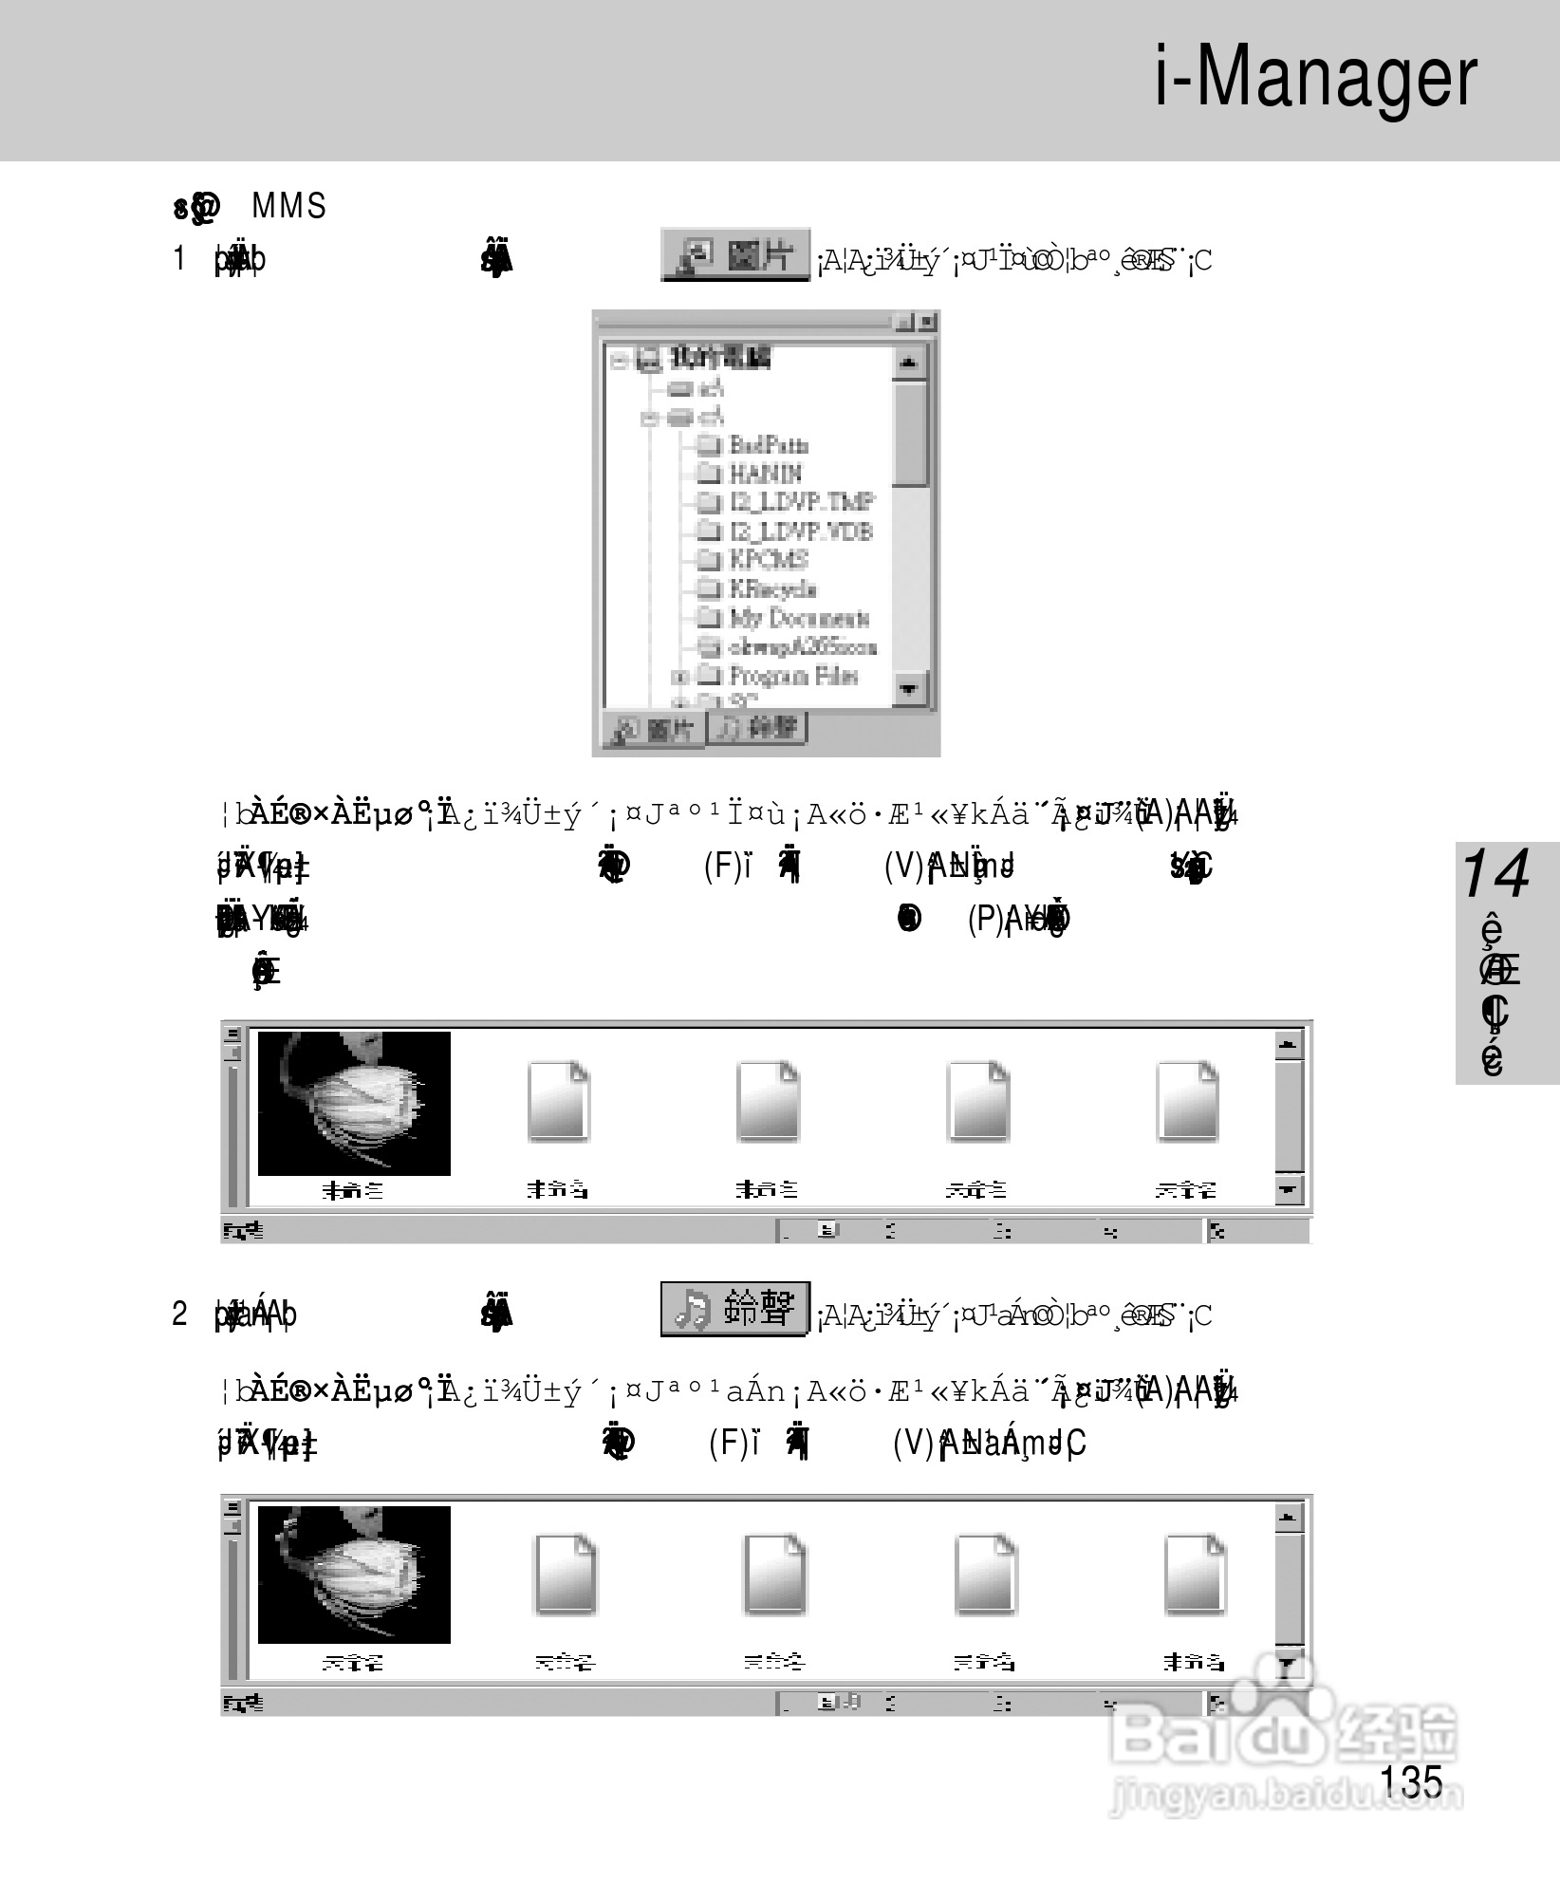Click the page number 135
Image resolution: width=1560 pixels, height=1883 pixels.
[1411, 1781]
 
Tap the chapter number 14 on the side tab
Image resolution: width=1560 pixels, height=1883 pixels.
[1495, 874]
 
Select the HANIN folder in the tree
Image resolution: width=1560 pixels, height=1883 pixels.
[764, 474]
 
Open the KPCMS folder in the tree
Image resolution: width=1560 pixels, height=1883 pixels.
[768, 560]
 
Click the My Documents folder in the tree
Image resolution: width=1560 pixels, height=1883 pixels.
[797, 619]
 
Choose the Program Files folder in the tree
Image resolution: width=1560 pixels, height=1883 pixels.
[791, 676]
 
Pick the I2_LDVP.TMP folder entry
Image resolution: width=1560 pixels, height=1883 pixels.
[800, 502]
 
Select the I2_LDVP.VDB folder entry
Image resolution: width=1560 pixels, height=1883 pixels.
[799, 531]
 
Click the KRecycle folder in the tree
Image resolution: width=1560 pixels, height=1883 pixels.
[771, 589]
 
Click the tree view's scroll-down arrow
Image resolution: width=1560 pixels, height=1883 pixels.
[910, 688]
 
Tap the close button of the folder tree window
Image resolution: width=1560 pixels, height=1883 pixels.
[927, 323]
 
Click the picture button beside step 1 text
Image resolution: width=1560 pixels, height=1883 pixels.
[735, 254]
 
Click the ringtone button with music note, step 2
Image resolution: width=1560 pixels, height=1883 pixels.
[735, 1310]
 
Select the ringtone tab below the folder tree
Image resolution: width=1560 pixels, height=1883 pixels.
[757, 728]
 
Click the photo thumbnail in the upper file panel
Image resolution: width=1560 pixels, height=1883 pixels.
[354, 1103]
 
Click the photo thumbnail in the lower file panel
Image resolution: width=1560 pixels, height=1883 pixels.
[354, 1575]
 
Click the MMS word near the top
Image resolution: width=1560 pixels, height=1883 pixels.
[288, 206]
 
